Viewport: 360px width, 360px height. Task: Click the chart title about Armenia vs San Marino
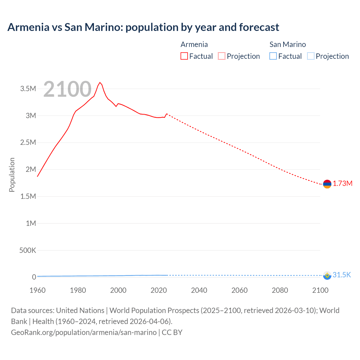(x=143, y=27)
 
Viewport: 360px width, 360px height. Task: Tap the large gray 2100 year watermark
(x=67, y=89)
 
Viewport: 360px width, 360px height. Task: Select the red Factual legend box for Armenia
(x=184, y=56)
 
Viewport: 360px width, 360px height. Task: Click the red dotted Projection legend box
(x=222, y=56)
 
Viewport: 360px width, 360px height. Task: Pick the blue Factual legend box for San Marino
(x=273, y=56)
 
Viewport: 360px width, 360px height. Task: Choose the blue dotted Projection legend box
(x=310, y=56)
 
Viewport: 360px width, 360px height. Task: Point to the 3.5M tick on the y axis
(x=28, y=89)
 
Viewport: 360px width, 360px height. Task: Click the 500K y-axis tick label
(x=28, y=250)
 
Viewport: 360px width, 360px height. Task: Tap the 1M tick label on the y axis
(x=31, y=223)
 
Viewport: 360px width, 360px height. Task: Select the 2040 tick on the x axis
(x=199, y=290)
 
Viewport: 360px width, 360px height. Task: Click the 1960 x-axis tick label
(x=37, y=290)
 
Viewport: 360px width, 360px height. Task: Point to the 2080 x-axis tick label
(x=280, y=290)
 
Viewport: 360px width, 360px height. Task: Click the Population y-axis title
(x=12, y=175)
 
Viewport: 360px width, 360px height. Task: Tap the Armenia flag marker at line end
(x=327, y=184)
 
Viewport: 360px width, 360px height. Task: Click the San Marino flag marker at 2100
(x=327, y=275)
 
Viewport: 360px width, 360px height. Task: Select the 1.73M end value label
(x=343, y=184)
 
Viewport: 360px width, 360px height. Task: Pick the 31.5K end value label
(x=342, y=275)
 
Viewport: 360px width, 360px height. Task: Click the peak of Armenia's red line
(x=100, y=82)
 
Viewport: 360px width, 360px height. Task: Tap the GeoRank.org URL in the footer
(x=84, y=332)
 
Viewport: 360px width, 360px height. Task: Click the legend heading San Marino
(x=287, y=44)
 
